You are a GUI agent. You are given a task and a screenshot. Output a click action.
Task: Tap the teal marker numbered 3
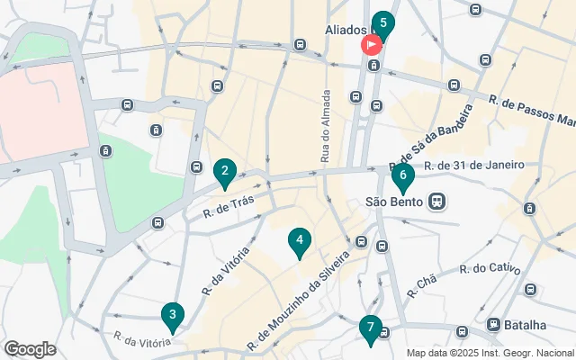(x=171, y=316)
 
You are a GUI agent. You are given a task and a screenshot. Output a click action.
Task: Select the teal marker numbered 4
(x=299, y=241)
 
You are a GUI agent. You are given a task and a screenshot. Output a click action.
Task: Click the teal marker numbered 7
(x=369, y=328)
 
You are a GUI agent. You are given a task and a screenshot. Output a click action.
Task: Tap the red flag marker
(x=371, y=45)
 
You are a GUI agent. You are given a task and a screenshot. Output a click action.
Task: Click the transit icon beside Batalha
(x=493, y=324)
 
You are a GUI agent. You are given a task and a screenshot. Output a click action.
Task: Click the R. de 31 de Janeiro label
(x=474, y=165)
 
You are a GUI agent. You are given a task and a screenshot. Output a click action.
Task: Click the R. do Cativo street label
(x=489, y=268)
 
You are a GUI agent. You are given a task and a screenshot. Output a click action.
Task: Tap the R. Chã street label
(x=420, y=283)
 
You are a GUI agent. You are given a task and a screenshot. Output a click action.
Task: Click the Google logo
(x=30, y=349)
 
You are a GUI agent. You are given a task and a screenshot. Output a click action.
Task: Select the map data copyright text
(x=490, y=353)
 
